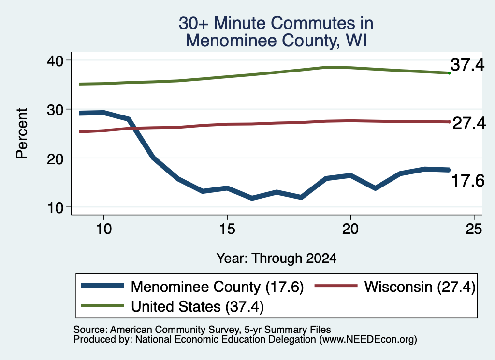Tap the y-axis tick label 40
tap(55, 61)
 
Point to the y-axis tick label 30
tap(55, 110)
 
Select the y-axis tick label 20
tap(55, 159)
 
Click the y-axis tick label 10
tap(55, 208)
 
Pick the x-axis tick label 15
tap(227, 229)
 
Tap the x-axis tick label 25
tap(474, 229)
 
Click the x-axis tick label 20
tap(350, 229)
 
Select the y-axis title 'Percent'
tap(22, 133)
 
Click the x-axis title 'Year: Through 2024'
tap(276, 259)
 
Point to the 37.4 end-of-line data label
tap(467, 65)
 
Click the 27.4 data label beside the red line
tap(469, 123)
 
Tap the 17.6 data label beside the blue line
tap(468, 181)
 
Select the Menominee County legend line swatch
tap(102, 286)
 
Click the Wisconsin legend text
tap(420, 287)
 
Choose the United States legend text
tap(197, 307)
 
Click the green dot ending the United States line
tap(449, 73)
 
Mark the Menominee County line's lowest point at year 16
tap(251, 198)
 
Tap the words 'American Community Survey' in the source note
tap(175, 330)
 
